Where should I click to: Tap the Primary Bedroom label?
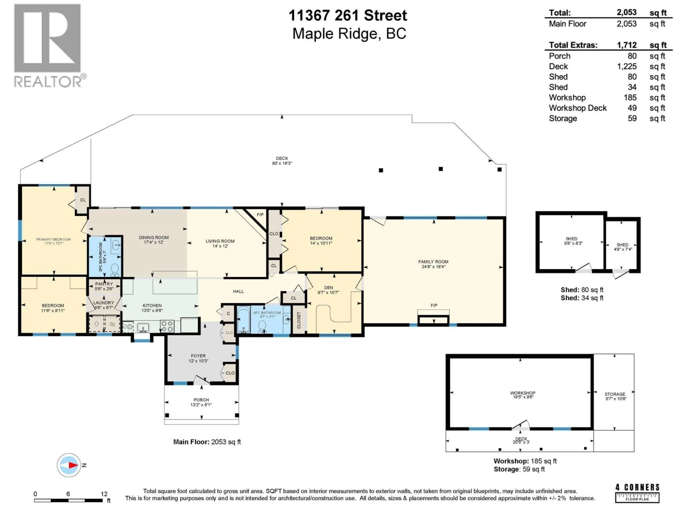53,239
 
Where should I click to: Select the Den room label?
328,288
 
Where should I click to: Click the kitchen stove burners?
167,326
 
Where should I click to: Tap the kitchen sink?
143,327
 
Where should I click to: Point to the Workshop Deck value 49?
632,108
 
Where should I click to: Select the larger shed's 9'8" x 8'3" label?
573,243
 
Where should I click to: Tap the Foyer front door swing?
201,379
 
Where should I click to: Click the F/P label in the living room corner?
260,215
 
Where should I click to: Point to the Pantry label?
104,284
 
